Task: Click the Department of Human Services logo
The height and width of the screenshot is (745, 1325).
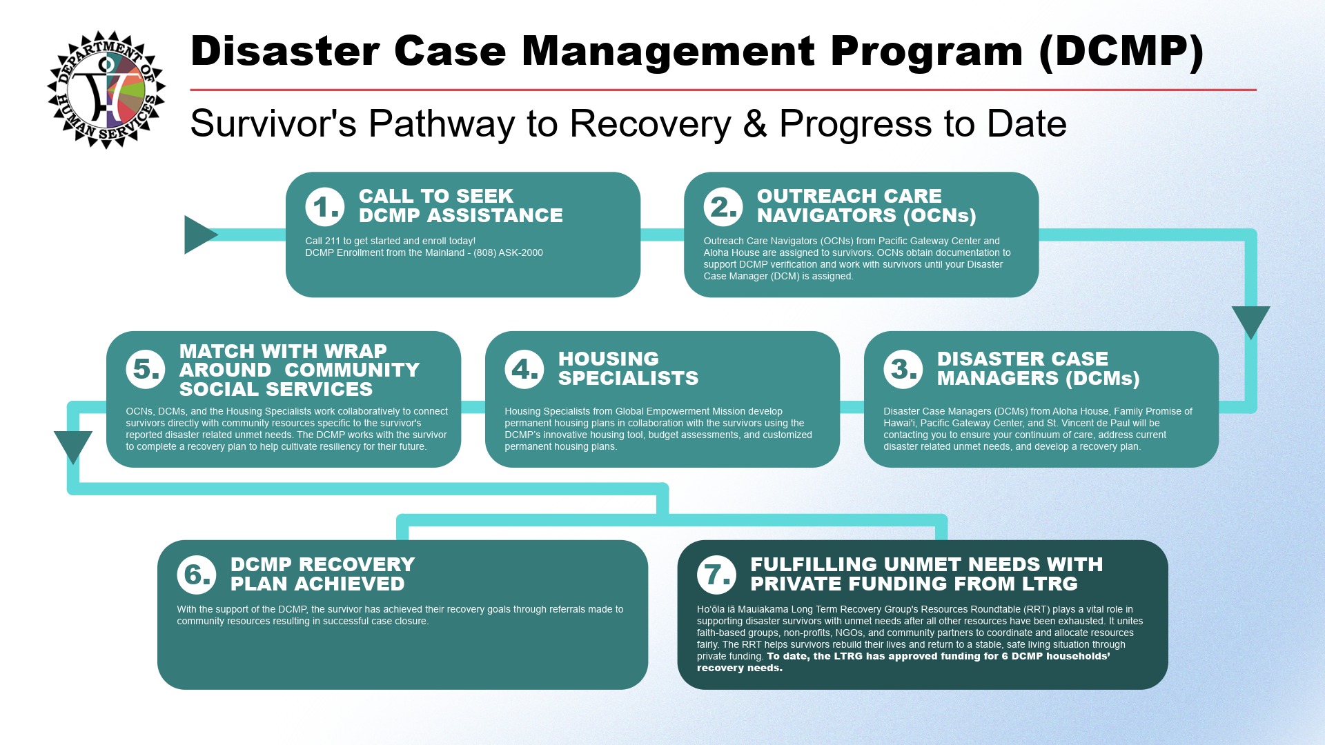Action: click(x=106, y=90)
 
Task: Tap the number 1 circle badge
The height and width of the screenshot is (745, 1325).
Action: click(x=325, y=206)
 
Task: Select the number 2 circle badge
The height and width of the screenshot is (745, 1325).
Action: click(x=723, y=206)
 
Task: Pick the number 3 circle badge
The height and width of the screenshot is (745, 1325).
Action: click(x=903, y=369)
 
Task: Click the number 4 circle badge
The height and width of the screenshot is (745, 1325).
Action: click(x=524, y=369)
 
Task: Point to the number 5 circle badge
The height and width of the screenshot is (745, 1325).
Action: click(x=146, y=369)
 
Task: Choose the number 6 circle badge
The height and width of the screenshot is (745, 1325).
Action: click(x=197, y=574)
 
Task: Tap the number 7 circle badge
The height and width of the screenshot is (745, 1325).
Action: click(x=716, y=574)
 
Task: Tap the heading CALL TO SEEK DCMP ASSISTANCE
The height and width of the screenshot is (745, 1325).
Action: click(x=460, y=206)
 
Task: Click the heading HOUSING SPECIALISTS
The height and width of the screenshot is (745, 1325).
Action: click(x=628, y=368)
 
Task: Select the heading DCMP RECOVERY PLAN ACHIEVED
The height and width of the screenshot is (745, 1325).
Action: click(x=322, y=574)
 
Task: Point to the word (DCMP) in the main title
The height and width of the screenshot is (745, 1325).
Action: click(x=1121, y=52)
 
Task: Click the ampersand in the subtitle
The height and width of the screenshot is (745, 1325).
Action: click(x=755, y=124)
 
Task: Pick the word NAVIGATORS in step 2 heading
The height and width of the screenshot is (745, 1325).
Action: click(x=817, y=216)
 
